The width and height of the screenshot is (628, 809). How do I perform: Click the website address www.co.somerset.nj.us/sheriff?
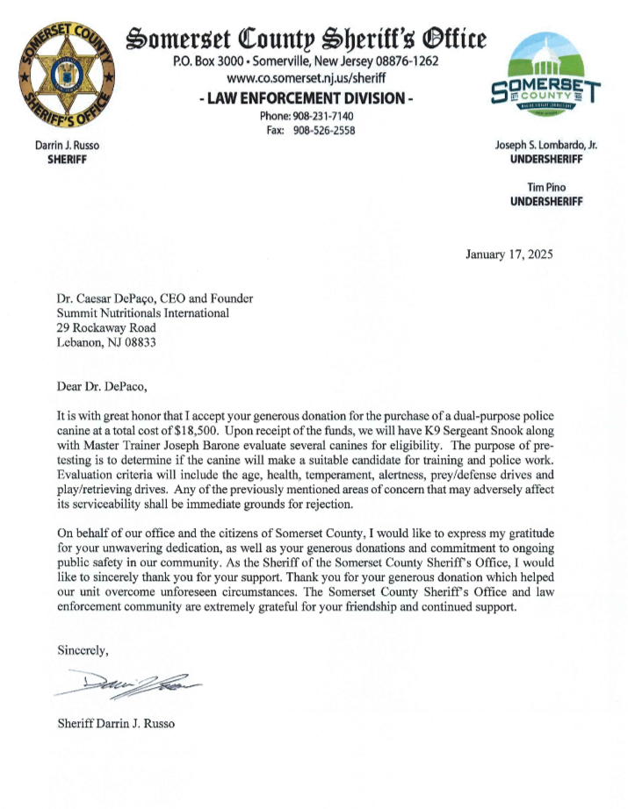tap(306, 78)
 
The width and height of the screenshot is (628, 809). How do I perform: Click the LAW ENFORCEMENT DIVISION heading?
tap(306, 98)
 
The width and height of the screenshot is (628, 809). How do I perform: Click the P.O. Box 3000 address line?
tap(306, 61)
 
